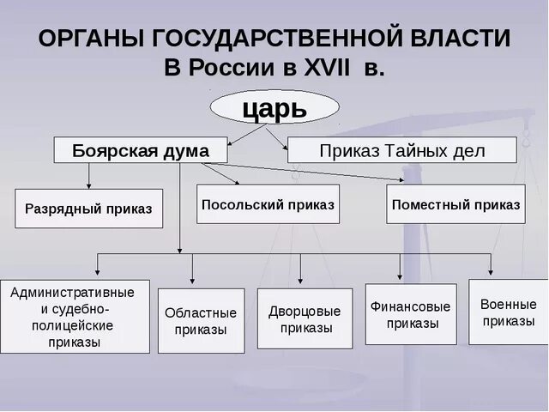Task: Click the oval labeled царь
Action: (x=274, y=107)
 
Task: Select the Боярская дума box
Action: (x=141, y=150)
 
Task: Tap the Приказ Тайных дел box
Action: (x=401, y=150)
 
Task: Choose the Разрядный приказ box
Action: (x=88, y=209)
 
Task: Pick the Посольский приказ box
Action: (x=268, y=204)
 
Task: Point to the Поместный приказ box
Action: (x=455, y=204)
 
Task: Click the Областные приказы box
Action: (x=201, y=321)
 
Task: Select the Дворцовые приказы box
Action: (x=305, y=318)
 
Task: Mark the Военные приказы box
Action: (x=508, y=312)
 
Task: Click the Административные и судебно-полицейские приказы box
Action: (x=75, y=317)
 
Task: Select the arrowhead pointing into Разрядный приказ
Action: (x=89, y=185)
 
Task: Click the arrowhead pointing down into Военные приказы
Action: (x=492, y=274)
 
